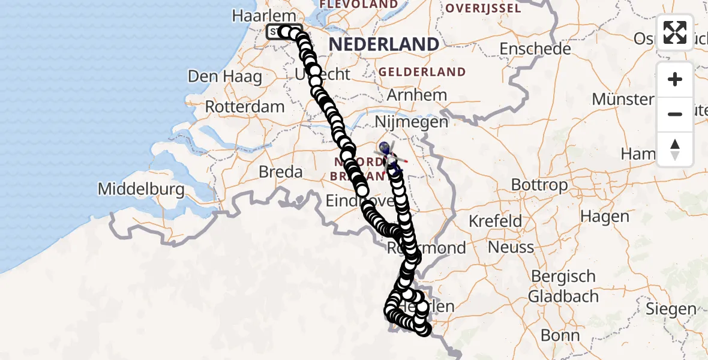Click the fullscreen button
[675, 32]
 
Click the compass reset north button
[675, 149]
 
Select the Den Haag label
[225, 77]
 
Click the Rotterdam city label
[245, 107]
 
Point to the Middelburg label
[141, 190]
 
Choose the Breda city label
[280, 172]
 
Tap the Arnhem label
[417, 95]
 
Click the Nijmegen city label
[411, 122]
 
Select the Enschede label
[535, 49]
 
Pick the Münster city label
[622, 99]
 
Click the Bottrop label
[539, 185]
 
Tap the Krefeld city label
[495, 221]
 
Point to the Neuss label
[511, 247]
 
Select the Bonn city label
[560, 335]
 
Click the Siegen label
[671, 310]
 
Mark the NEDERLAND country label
[384, 44]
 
